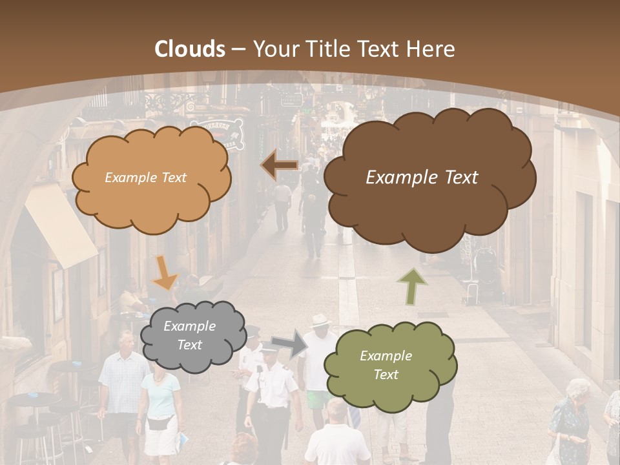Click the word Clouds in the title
(191, 49)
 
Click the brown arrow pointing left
(280, 166)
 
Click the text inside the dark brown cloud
(422, 178)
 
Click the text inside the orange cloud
(145, 178)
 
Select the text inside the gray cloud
(189, 336)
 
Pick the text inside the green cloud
(386, 365)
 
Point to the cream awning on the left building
(61, 226)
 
